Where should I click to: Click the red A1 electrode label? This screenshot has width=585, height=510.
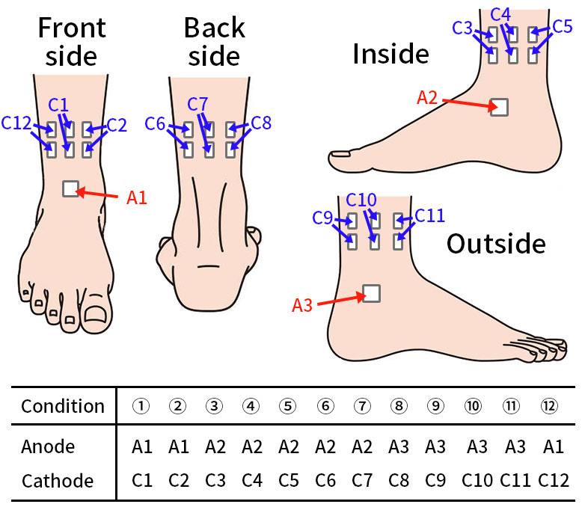[x=137, y=198]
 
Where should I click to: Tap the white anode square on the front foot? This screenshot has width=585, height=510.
[x=70, y=188]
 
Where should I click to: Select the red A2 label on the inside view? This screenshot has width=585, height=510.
[x=427, y=97]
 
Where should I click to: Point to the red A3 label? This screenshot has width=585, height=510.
[x=302, y=305]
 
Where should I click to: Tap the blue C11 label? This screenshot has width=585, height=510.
[x=429, y=216]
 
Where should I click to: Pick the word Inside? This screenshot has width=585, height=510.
[x=390, y=54]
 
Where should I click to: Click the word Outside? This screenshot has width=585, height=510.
[x=496, y=244]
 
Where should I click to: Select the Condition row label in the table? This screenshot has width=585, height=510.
[x=63, y=406]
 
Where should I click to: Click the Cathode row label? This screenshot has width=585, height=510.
[x=58, y=480]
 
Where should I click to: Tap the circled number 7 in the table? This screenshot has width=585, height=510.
[x=362, y=406]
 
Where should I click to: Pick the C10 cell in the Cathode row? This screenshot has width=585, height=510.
[x=477, y=480]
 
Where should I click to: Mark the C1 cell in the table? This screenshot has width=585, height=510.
[x=141, y=480]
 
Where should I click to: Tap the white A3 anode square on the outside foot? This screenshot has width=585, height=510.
[x=371, y=293]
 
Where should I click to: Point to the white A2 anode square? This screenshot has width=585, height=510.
[x=499, y=107]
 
